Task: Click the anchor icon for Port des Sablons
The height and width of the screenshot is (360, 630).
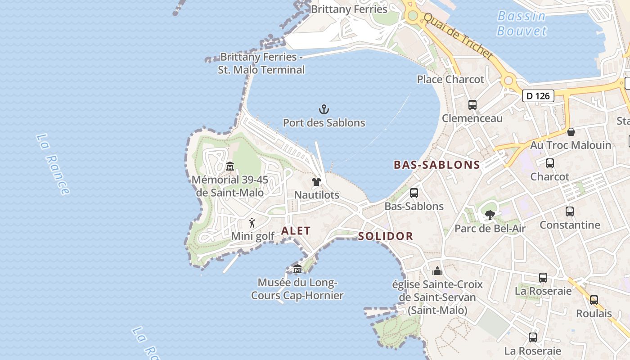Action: pos(324,109)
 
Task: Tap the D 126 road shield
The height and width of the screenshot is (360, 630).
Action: pos(538,95)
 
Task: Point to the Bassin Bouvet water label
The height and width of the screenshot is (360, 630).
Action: pos(522,23)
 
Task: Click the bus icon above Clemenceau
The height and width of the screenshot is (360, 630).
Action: pos(472,105)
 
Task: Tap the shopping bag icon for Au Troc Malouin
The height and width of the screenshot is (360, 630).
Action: pos(571,132)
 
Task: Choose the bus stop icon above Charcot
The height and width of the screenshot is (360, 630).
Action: pos(549,163)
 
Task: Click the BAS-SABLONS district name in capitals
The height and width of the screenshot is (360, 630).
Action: pos(436,165)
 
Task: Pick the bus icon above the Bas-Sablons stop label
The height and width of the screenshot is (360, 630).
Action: pos(414,193)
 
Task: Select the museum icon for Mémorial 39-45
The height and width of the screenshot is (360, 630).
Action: pos(230,166)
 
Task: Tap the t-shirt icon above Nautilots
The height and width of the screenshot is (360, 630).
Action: pos(316,182)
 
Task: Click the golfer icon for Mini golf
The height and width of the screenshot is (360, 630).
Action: pos(252,223)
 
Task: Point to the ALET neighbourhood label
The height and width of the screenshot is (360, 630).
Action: pos(296,231)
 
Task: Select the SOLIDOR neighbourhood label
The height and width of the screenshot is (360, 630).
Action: pos(385,236)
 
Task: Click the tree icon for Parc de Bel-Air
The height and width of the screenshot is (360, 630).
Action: pos(490,215)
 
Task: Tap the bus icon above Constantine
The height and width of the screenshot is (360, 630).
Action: pos(569,211)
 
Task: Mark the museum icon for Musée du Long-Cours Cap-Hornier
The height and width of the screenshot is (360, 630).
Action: pos(297,270)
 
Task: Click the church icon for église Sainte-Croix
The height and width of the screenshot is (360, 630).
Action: pos(437,271)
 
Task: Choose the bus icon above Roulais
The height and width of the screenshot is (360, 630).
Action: pos(594,300)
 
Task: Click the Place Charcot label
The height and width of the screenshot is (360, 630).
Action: pos(450,79)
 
